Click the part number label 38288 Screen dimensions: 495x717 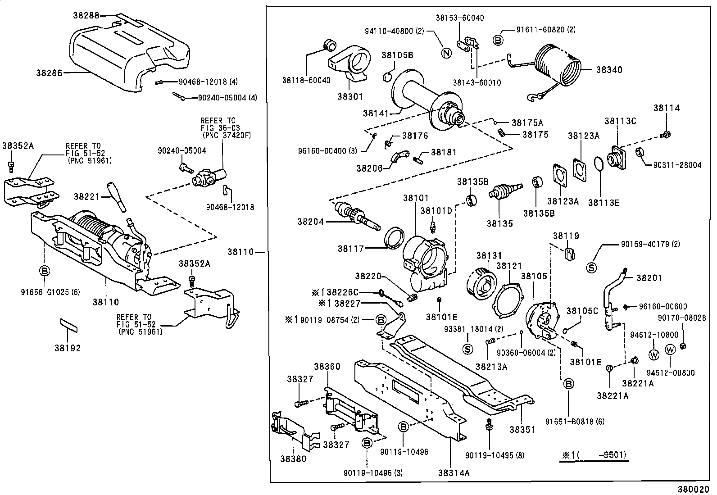(x=86, y=15)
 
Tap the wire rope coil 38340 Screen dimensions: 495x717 (x=561, y=65)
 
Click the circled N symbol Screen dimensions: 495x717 (x=445, y=53)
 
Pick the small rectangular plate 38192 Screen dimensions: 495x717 (x=69, y=325)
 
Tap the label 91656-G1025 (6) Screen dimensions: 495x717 (x=50, y=291)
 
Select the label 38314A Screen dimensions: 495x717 (x=454, y=472)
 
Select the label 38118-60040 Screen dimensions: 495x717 (x=306, y=80)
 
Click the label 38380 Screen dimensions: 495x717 (x=293, y=459)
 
